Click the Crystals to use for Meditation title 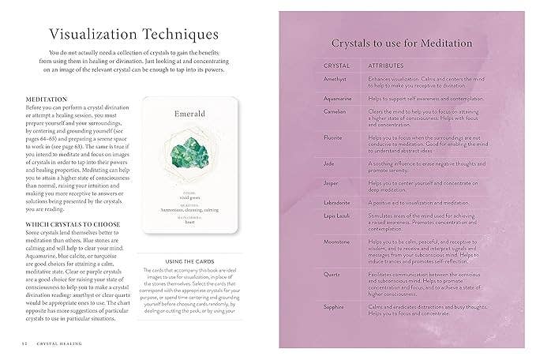402,43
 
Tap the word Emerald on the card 189,114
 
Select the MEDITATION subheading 47,99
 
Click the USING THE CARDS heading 189,261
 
